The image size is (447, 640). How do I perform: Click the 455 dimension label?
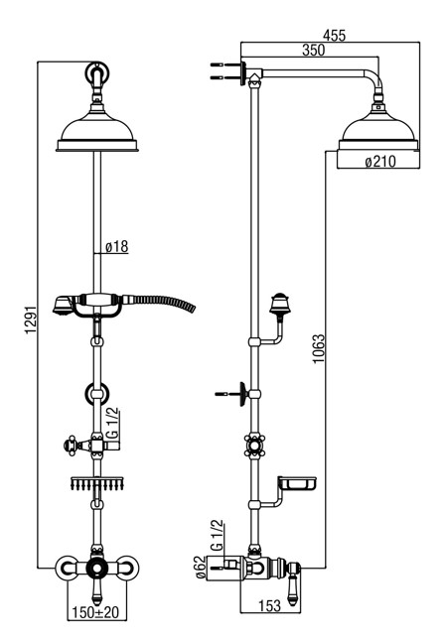pos(334,35)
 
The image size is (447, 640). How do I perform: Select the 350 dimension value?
pos(313,50)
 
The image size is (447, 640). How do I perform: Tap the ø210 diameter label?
pos(380,162)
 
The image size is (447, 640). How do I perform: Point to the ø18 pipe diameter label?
pos(116,246)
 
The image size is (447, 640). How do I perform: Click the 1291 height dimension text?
pos(31,320)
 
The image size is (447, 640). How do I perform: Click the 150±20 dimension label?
pos(95,612)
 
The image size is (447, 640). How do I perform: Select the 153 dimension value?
pos(269,605)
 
